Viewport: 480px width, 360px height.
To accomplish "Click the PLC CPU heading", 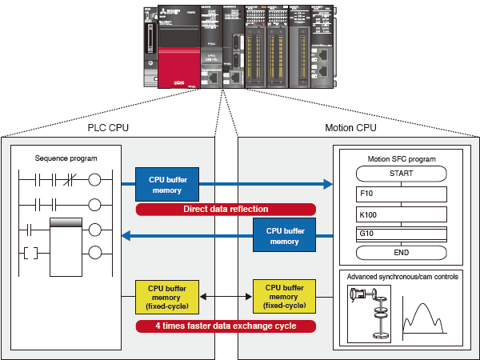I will (x=107, y=127).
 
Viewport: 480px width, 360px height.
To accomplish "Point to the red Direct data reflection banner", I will (x=226, y=210).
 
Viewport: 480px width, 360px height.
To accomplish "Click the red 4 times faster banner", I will (x=226, y=326).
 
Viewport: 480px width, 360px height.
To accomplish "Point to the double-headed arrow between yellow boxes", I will (x=226, y=297).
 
